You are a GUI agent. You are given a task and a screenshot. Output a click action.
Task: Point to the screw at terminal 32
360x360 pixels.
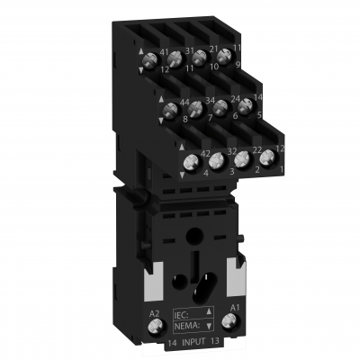pyautogui.click(x=217, y=159)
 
